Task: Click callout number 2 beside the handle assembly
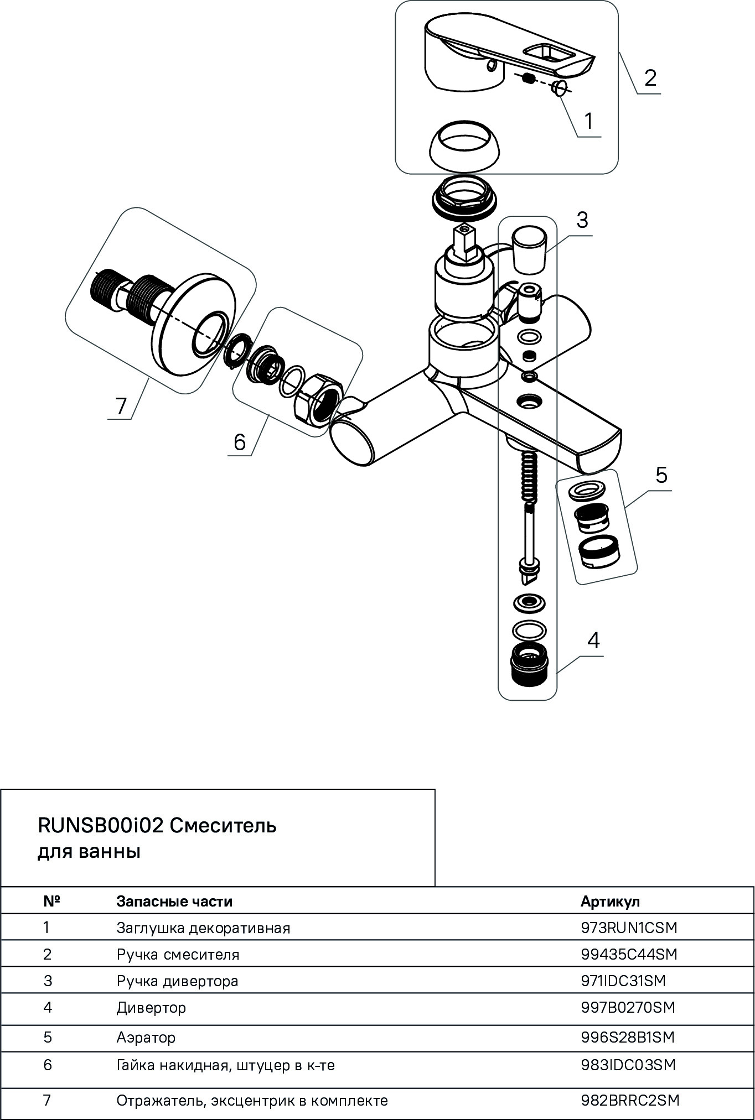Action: (650, 77)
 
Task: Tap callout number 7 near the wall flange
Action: (121, 406)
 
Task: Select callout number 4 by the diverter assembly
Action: (593, 640)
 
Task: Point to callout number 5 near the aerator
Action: (661, 475)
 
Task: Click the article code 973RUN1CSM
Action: (629, 928)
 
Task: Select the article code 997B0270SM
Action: (628, 1007)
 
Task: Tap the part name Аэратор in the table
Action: (146, 1037)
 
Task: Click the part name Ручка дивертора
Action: (177, 981)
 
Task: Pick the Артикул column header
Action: (610, 902)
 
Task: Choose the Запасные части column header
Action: (174, 902)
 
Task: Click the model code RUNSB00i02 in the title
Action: (101, 826)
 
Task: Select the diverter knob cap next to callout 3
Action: (530, 248)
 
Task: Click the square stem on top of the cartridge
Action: (464, 240)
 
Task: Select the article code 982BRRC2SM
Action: (630, 1100)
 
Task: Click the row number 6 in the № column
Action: (48, 1065)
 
